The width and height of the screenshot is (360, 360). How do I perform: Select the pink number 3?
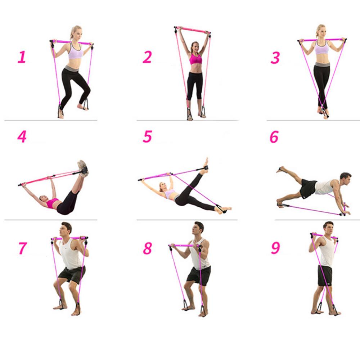[275, 58]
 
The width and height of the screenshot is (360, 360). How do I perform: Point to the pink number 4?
[22, 137]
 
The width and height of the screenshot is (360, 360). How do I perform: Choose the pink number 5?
[147, 137]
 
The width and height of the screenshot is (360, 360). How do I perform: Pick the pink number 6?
[274, 137]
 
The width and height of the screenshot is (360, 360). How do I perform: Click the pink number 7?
[22, 248]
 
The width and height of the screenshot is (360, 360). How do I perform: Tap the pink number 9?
[275, 248]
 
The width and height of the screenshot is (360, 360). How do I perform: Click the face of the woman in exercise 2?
[195, 47]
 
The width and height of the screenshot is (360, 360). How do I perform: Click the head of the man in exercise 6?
[345, 178]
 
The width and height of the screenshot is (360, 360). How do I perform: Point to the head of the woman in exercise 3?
[320, 32]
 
